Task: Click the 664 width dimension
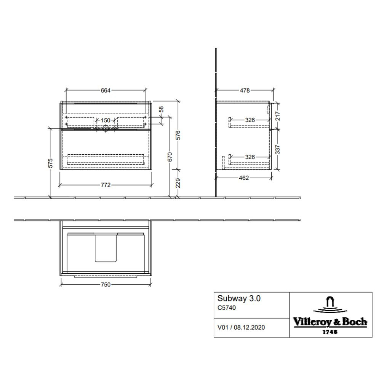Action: pos(106,90)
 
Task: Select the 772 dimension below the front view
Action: pos(106,185)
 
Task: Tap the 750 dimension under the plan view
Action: pos(106,285)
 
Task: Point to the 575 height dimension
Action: pos(50,163)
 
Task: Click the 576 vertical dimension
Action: pos(178,135)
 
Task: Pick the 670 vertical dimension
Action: pos(170,157)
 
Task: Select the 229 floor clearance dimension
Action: pos(178,183)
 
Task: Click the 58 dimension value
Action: pos(161,109)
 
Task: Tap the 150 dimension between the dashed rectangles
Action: pos(106,120)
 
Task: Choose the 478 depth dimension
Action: pos(245,90)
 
